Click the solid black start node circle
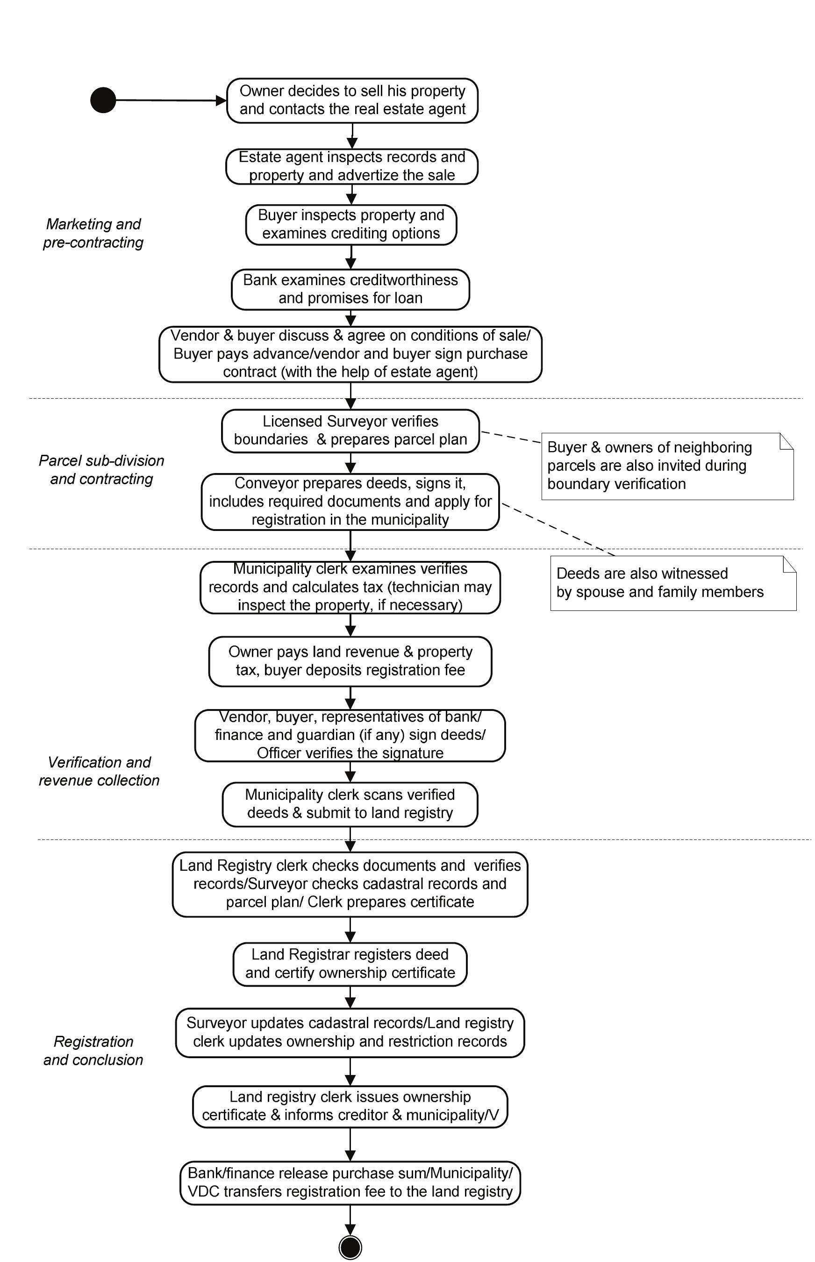click(103, 100)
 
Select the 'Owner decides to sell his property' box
click(352, 100)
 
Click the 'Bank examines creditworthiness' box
click(350, 289)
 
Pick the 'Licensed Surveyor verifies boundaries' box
click(350, 430)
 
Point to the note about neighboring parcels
click(667, 466)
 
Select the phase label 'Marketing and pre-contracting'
click(93, 233)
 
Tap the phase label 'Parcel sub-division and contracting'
click(101, 470)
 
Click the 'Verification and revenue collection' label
click(99, 771)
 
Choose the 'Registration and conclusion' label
click(93, 1050)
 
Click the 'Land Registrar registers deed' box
click(350, 963)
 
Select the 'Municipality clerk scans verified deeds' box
click(350, 803)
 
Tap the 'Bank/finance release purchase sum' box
click(350, 1182)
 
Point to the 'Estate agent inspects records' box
click(352, 166)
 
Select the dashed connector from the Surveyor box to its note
click(511, 436)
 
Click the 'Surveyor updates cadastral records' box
click(350, 1032)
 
